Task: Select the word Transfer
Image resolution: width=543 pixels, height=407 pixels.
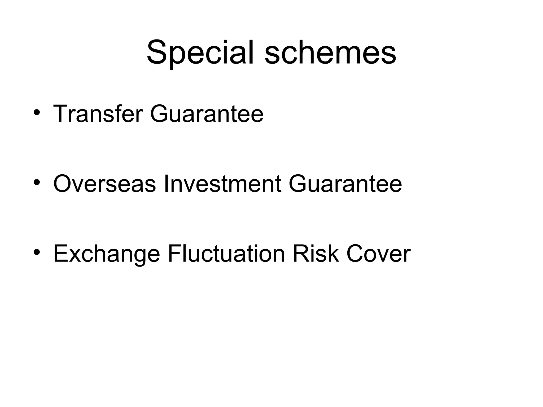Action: [x=98, y=114]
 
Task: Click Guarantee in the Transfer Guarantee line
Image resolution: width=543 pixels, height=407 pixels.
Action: [x=207, y=114]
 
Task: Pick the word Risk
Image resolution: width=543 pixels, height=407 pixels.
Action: [x=316, y=254]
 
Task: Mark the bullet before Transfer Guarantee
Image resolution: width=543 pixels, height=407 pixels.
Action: [x=37, y=113]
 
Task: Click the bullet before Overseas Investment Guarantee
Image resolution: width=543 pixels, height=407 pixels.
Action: [x=37, y=183]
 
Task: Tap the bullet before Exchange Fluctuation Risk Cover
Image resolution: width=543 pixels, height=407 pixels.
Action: [x=37, y=253]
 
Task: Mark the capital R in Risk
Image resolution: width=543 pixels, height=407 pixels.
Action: [x=301, y=254]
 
